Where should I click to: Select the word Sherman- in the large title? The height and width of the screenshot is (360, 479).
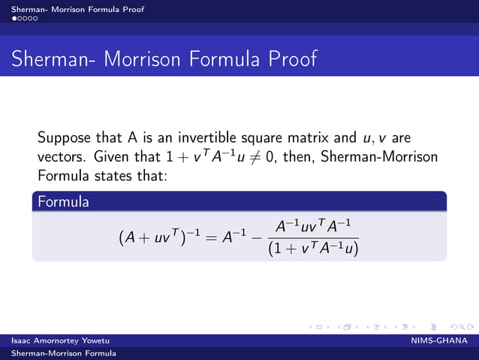coord(53,59)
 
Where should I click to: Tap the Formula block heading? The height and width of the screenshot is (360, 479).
coord(64,201)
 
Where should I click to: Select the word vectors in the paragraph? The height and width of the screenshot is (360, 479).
coord(62,159)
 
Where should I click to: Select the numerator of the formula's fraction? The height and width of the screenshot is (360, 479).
coord(313,226)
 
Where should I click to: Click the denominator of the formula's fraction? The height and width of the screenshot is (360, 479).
coord(313,249)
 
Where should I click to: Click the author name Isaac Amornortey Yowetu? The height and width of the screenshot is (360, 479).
coord(60,341)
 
